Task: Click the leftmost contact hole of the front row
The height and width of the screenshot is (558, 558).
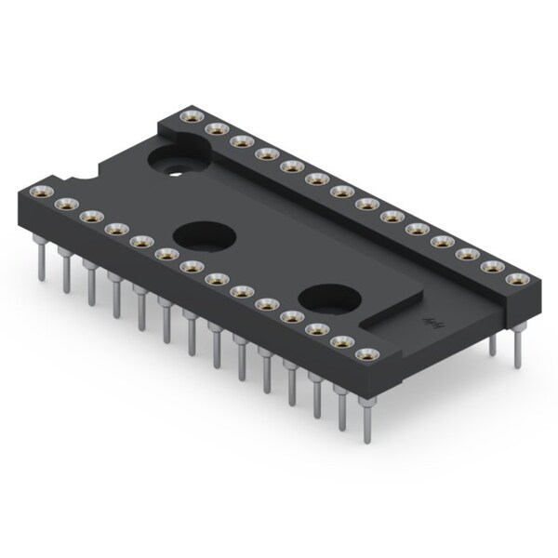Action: (x=40, y=192)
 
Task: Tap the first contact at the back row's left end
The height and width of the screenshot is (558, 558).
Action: (x=192, y=116)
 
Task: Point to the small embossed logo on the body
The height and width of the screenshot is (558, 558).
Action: (x=432, y=324)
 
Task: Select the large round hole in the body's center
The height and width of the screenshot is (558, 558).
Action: (x=202, y=236)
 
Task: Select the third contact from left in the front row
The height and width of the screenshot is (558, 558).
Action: (x=90, y=216)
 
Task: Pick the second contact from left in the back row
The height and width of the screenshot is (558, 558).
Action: (x=216, y=128)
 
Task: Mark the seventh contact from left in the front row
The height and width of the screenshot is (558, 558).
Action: (x=192, y=266)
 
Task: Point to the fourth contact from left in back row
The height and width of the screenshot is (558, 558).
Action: (x=265, y=153)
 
